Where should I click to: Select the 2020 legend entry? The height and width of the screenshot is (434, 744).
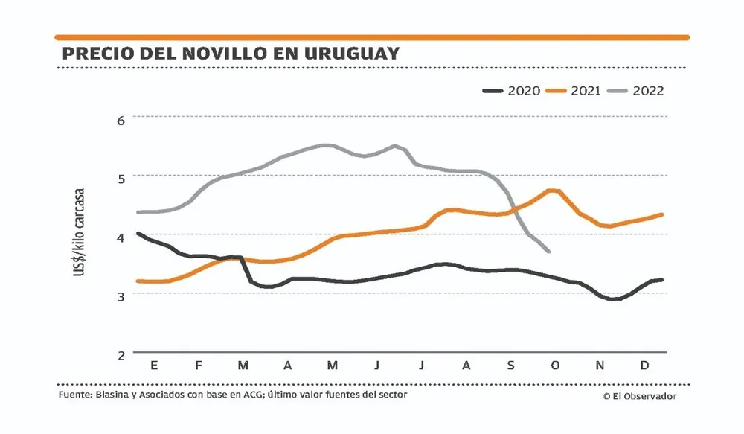pyautogui.click(x=513, y=91)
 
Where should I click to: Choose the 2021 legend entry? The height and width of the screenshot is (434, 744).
pyautogui.click(x=576, y=91)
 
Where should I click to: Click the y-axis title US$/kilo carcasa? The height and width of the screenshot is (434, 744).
pyautogui.click(x=78, y=232)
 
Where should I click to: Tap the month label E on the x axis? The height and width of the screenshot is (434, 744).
pyautogui.click(x=154, y=366)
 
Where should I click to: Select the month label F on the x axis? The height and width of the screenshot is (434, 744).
pyautogui.click(x=199, y=366)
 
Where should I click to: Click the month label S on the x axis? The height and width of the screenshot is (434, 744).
pyautogui.click(x=510, y=366)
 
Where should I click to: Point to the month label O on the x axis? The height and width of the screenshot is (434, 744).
pyautogui.click(x=555, y=366)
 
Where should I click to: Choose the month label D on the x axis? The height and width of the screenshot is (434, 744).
pyautogui.click(x=644, y=366)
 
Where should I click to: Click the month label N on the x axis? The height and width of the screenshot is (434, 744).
pyautogui.click(x=600, y=366)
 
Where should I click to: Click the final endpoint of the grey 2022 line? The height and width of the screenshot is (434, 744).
pyautogui.click(x=549, y=252)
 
